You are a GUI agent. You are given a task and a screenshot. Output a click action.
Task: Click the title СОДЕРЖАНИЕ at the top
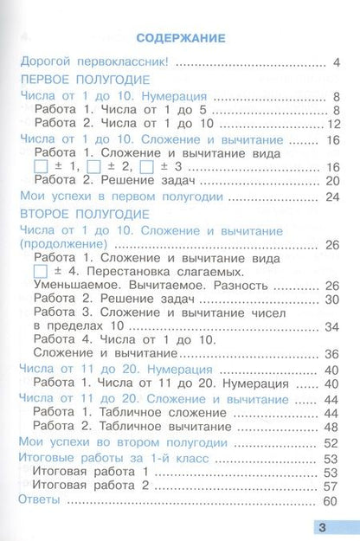click(x=181, y=38)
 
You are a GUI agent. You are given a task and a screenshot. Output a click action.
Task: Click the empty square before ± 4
click(x=39, y=272)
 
